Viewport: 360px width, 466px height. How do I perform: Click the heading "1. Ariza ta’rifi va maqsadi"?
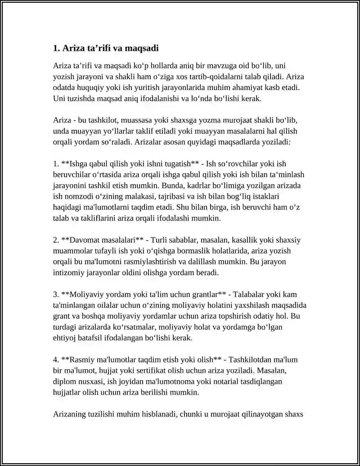[106, 48]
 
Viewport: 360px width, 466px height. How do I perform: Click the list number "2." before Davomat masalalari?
[56, 240]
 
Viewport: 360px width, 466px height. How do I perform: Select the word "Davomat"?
[82, 240]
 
